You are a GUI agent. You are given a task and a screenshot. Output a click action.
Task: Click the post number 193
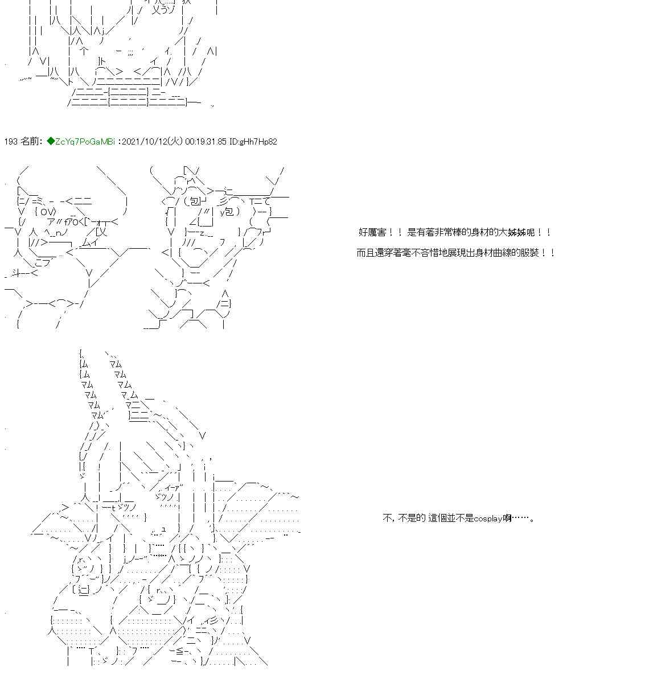(11, 141)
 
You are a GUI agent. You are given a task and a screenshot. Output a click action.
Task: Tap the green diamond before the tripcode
(51, 141)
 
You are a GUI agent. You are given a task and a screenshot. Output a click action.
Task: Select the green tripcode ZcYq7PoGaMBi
(85, 141)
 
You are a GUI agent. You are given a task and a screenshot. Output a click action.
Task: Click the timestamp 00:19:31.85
(206, 141)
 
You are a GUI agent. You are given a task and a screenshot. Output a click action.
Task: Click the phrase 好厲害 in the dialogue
(372, 232)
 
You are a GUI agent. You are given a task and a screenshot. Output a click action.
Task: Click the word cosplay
(488, 519)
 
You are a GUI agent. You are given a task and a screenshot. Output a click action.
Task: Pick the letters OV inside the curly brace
(47, 212)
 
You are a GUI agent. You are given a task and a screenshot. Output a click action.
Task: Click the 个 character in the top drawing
(83, 51)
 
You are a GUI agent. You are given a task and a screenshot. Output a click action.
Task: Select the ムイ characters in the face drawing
(91, 243)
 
